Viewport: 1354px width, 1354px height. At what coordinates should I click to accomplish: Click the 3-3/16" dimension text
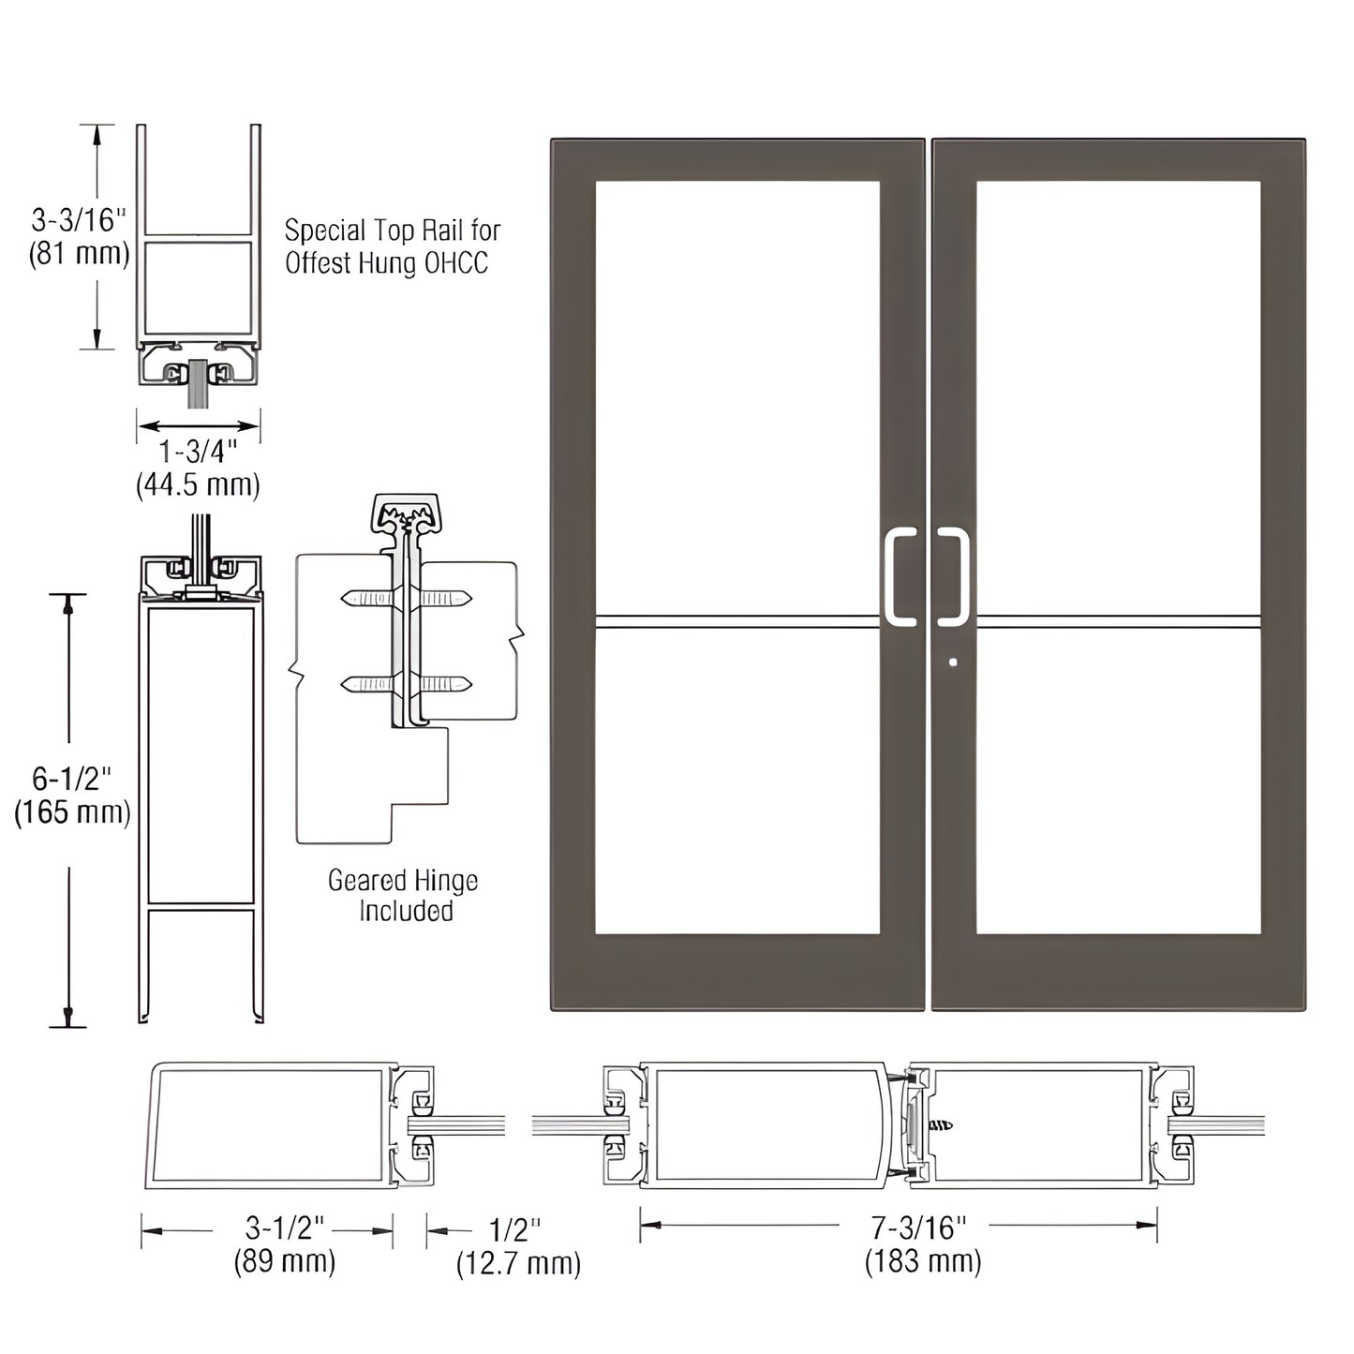click(x=78, y=220)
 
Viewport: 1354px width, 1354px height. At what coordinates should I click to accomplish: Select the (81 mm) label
click(x=79, y=253)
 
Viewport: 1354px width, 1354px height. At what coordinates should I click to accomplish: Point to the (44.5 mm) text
click(x=198, y=484)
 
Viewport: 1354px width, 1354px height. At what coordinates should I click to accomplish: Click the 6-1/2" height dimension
click(x=71, y=778)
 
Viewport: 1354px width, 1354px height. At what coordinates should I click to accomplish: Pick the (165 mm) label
click(x=72, y=811)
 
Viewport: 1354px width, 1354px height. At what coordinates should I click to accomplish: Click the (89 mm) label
click(x=285, y=1260)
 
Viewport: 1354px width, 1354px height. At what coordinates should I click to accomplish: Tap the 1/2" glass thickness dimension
click(x=515, y=1229)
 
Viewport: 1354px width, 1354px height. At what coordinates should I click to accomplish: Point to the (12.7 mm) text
click(x=518, y=1263)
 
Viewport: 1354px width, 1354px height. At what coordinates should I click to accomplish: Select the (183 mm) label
click(x=923, y=1260)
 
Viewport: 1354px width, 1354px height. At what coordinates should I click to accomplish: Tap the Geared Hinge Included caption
click(x=403, y=895)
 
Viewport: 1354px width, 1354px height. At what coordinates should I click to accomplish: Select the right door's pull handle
click(x=954, y=576)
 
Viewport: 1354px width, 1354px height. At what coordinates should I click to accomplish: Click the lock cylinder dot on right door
click(x=953, y=662)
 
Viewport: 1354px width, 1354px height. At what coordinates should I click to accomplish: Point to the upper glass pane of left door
click(x=737, y=394)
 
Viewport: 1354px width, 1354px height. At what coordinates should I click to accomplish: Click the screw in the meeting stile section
click(x=940, y=1124)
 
